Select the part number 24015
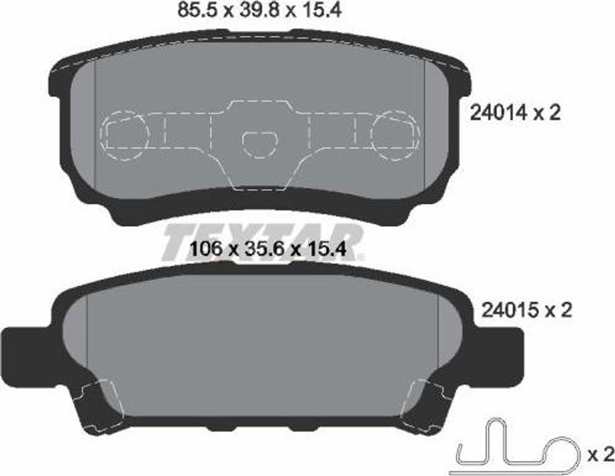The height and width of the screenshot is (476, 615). click(x=508, y=310)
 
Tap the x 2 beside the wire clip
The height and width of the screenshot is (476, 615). click(x=600, y=452)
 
